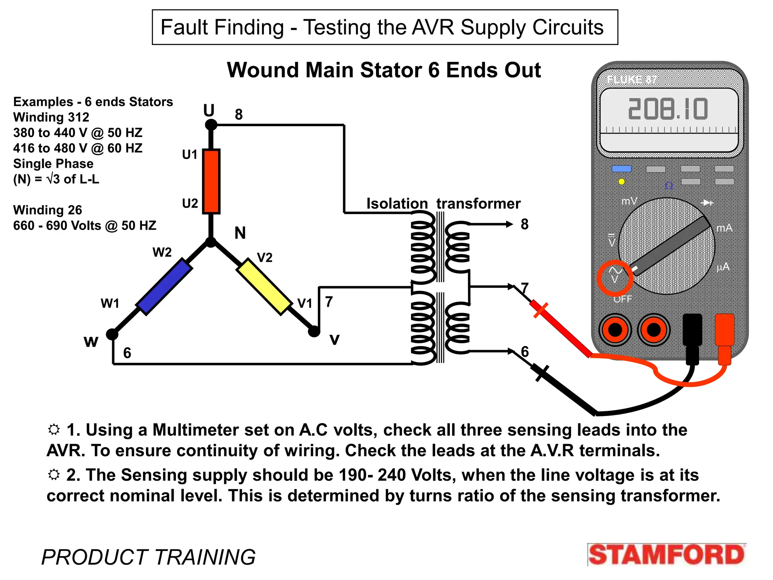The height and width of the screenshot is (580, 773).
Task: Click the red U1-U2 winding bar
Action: tap(211, 181)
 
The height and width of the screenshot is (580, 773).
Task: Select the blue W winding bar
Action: tap(164, 287)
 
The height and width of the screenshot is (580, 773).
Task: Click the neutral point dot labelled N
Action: tap(211, 242)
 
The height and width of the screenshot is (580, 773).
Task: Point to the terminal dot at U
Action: tap(211, 125)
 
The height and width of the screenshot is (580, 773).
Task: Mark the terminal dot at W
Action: tap(112, 334)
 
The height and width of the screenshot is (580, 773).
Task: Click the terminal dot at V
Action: tap(314, 332)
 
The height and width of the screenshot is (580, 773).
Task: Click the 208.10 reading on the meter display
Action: tap(668, 110)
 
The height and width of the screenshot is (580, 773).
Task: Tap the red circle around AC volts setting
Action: tap(615, 278)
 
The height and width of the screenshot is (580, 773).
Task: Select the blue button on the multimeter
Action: tap(621, 169)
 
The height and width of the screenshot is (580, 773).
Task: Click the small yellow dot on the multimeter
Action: tap(621, 182)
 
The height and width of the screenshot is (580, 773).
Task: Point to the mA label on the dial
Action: tap(724, 228)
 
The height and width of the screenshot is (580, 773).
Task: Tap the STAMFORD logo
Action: tap(667, 554)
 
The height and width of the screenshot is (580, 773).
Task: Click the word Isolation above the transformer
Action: tap(397, 204)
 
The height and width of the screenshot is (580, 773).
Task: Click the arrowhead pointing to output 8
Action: tap(509, 224)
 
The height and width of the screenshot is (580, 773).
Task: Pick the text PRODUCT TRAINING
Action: tap(148, 557)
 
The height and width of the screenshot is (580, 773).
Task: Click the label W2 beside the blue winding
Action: tap(162, 252)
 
